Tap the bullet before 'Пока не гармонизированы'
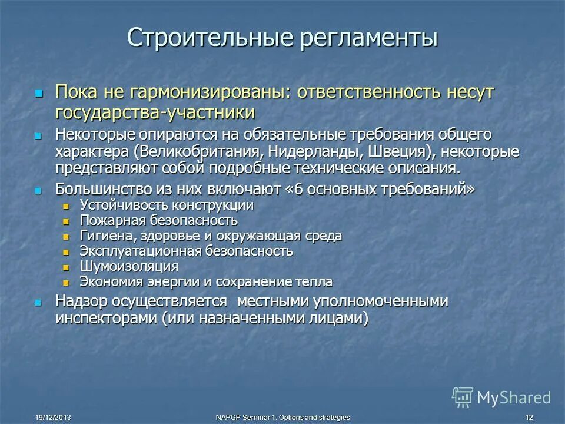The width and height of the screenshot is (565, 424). pos(39,93)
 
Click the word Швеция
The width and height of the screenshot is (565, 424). pos(396,151)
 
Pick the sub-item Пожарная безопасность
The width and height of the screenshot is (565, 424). pos(159,221)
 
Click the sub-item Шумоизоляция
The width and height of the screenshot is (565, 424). pos(129,266)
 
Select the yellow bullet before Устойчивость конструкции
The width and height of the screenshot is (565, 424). pos(67,206)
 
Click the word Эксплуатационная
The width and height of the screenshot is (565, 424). pos(141,251)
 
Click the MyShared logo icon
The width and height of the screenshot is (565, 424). pos(463,397)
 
